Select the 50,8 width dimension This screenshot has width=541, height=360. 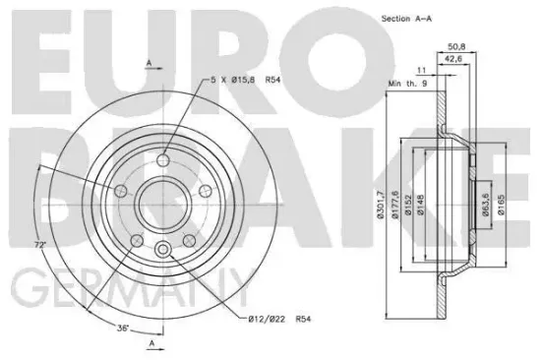tap(455, 44)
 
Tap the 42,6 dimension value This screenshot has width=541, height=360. tap(454, 58)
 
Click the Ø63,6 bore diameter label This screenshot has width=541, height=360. tap(487, 204)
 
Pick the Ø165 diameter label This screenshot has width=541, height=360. tap(503, 204)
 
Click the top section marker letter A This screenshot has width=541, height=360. tap(150, 62)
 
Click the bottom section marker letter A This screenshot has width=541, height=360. tap(150, 343)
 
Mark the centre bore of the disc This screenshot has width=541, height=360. tap(157, 204)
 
